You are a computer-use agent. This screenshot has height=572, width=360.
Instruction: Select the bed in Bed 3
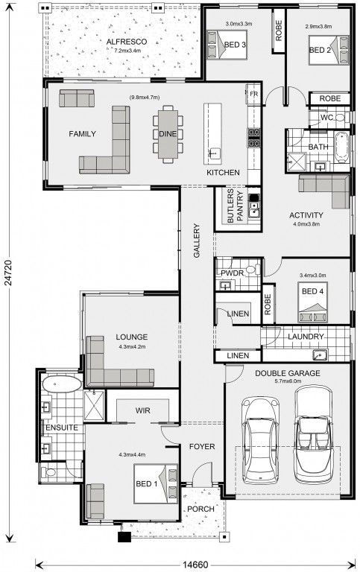pos(227,45)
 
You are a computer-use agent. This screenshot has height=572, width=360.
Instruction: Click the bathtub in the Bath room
pos(341,147)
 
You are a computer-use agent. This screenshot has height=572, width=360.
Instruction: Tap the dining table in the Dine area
pos(168,134)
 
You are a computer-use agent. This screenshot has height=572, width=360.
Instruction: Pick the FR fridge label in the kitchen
pos(253,94)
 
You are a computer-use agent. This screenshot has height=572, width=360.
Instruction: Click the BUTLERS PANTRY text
pos(235,206)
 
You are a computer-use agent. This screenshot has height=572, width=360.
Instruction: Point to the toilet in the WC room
pos(341,118)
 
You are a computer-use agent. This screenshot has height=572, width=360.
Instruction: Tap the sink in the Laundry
pos(320,355)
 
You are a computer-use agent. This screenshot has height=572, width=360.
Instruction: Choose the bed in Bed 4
pos(312,302)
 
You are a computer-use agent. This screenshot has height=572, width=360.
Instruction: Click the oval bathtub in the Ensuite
pos(62,384)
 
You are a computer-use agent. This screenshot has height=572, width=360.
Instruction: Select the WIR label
pos(143,410)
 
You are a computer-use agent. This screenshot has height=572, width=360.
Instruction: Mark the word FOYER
pos(202,447)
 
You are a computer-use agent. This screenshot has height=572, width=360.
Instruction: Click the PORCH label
pos(200,509)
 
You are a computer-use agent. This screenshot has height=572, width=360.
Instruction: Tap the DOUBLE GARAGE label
pos(288,373)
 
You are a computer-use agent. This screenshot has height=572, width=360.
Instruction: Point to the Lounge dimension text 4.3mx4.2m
pos(132,346)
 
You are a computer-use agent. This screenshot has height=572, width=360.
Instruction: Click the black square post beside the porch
pos(124,537)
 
